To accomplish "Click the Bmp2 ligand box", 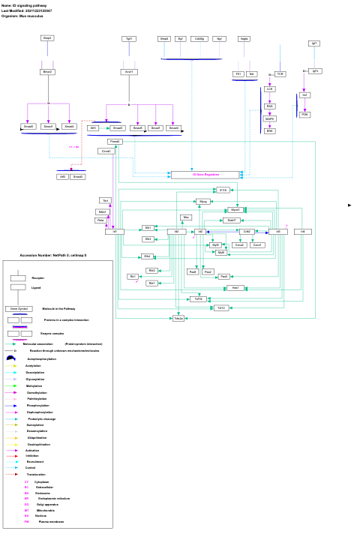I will click(x=47, y=38).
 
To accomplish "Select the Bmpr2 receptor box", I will click(x=47, y=72).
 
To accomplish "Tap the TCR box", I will click(x=280, y=74).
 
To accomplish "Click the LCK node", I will click(x=269, y=89).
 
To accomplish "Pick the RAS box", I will click(x=269, y=106).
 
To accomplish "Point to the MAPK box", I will click(x=269, y=118).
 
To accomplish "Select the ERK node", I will click(x=269, y=131).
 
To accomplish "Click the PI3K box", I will click(x=304, y=115).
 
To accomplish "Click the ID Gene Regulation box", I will click(x=205, y=175).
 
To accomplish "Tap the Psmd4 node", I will click(x=115, y=141).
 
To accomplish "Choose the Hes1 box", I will click(x=235, y=288).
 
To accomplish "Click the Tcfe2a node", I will click(x=178, y=319).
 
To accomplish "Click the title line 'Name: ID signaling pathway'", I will click(x=24, y=5).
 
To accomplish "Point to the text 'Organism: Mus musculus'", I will click(x=21, y=16).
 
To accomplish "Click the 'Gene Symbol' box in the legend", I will click(x=18, y=308).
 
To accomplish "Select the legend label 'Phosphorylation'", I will click(x=37, y=405).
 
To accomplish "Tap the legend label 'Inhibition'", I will click(x=32, y=455).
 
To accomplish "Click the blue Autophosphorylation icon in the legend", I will click(x=10, y=358).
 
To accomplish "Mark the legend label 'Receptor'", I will click(x=37, y=277).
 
